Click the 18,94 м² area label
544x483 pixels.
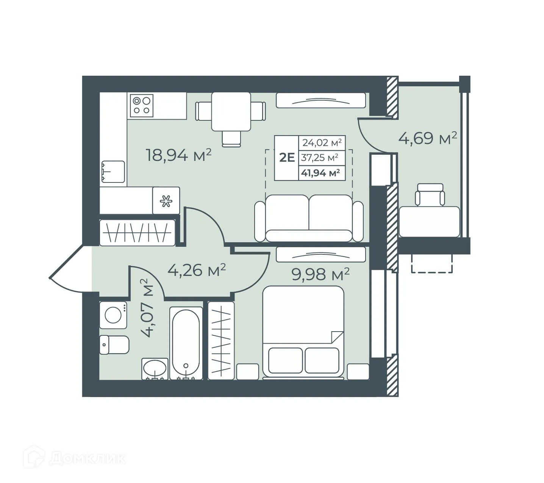[x=178, y=155]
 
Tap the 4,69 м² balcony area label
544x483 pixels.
[x=427, y=138]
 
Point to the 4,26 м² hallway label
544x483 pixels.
[x=197, y=270]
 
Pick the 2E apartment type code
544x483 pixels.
[x=287, y=157]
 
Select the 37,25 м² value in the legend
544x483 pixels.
[x=320, y=157]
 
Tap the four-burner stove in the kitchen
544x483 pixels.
[x=142, y=105]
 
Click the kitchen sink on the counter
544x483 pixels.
[x=113, y=172]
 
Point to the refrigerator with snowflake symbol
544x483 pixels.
[x=166, y=201]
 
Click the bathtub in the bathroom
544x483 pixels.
[x=186, y=343]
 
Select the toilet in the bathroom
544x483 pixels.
[x=114, y=344]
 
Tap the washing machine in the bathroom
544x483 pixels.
[x=113, y=315]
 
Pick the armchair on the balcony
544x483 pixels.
[x=430, y=195]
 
